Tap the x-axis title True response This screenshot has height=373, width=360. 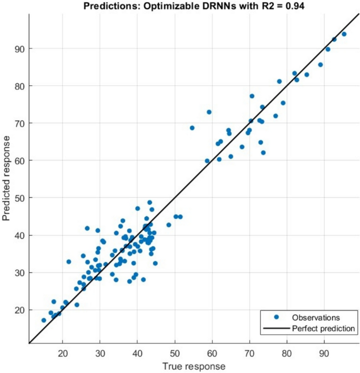(194, 366)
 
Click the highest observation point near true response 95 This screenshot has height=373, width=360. (344, 34)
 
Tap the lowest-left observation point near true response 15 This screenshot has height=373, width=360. (44, 320)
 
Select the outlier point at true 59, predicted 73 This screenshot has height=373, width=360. (209, 112)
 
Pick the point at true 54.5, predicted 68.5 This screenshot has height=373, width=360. (192, 128)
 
